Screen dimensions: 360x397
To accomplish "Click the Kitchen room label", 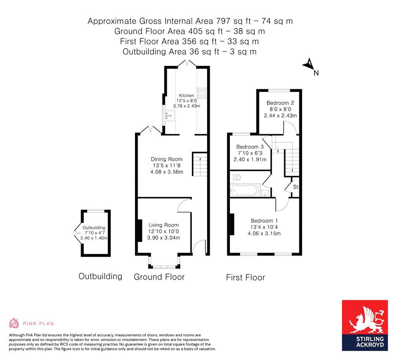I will pos(186,95).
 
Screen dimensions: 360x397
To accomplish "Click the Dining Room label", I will pos(166,159).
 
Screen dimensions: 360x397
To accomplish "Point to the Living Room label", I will pos(163,225).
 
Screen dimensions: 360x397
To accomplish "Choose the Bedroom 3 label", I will pos(250,147).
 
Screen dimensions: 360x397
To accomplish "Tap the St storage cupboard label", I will pos(295,187).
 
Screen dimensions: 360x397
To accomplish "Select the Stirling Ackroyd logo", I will pos(364,325).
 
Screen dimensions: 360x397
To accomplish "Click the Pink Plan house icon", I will pos(14,323).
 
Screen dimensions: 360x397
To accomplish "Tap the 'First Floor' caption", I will pos(245,277).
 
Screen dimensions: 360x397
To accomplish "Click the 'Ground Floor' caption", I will pos(159,277).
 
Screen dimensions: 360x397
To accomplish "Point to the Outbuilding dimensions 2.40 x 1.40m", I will pos(94,238).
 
